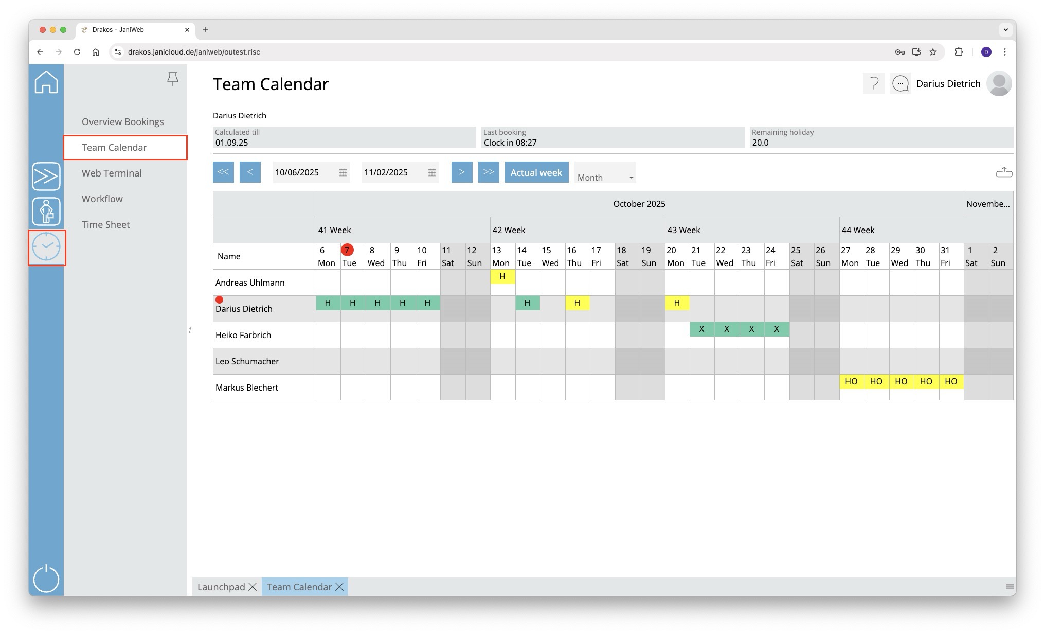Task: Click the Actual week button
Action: click(536, 172)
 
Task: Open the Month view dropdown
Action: click(605, 177)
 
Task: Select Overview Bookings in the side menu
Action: click(122, 121)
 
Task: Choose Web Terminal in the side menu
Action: click(112, 173)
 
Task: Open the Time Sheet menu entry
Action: click(105, 224)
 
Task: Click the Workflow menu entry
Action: click(102, 199)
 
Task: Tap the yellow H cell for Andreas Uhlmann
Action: click(502, 277)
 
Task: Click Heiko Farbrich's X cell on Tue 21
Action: click(701, 329)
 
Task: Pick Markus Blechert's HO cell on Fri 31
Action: click(951, 382)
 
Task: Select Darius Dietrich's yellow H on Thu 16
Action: click(577, 303)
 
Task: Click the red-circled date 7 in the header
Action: click(347, 250)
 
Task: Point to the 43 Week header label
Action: click(683, 230)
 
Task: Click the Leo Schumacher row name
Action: click(247, 361)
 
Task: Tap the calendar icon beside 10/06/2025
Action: click(343, 173)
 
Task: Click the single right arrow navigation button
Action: click(461, 172)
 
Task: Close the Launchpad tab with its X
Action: click(253, 587)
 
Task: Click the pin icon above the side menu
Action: click(173, 78)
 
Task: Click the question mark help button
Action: click(873, 83)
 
